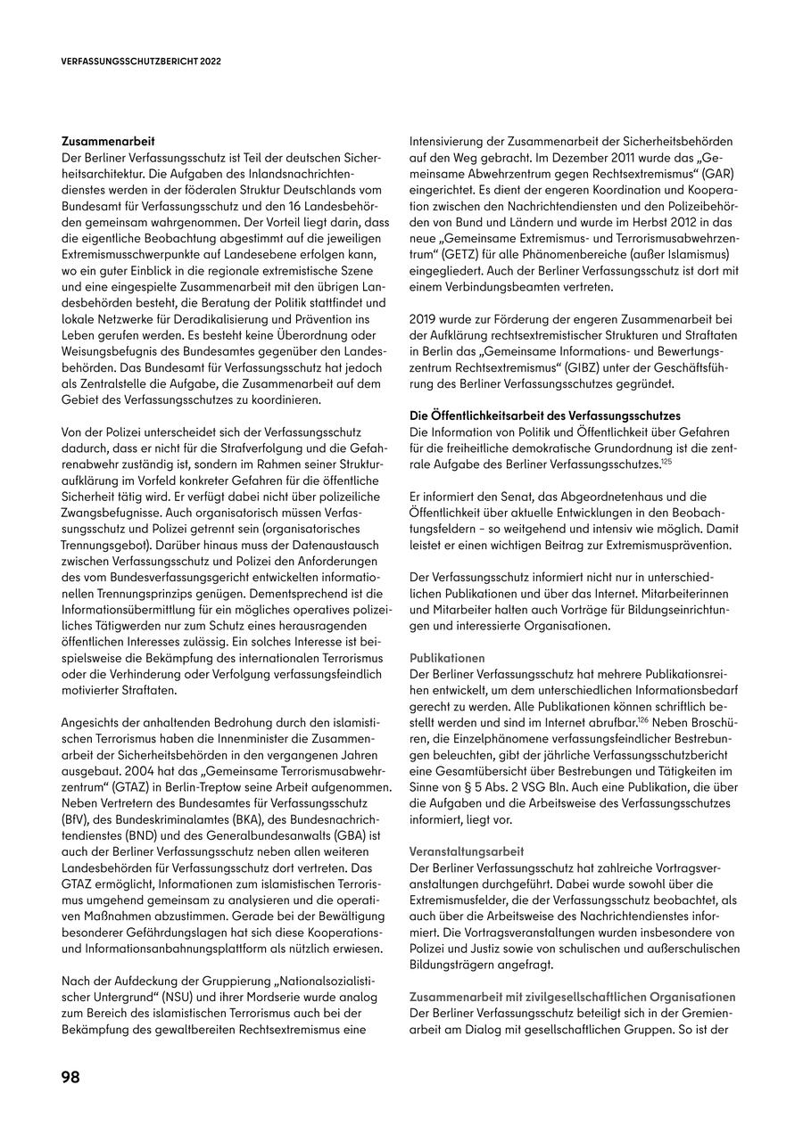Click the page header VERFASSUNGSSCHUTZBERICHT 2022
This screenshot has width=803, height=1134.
(x=141, y=62)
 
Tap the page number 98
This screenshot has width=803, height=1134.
(x=70, y=1077)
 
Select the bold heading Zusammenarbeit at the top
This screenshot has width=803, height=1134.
(x=108, y=141)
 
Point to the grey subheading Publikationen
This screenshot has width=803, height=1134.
(x=447, y=657)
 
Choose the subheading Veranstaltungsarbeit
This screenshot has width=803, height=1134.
(x=467, y=851)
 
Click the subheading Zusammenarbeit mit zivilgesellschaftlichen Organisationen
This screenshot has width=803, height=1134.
(x=572, y=997)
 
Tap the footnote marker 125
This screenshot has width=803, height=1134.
(x=666, y=461)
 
